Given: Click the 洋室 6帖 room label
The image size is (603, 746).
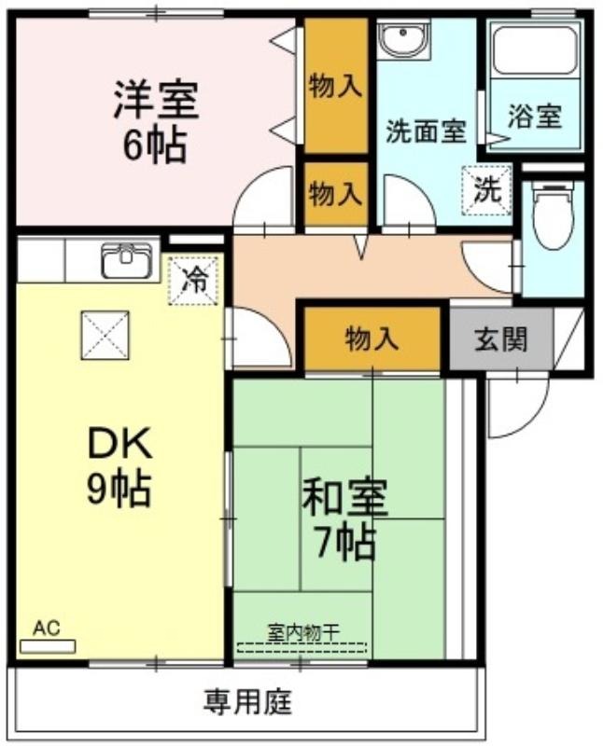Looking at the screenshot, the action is coord(156,122).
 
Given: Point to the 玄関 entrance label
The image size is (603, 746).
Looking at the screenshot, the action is coord(501,339).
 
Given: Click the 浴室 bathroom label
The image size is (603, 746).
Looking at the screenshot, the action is coord(535,116).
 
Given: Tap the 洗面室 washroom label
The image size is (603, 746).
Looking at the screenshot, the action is coord(426,131).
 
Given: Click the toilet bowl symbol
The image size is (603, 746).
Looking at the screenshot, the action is coord(553,216).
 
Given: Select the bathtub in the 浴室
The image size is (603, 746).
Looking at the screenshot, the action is coord(536,50).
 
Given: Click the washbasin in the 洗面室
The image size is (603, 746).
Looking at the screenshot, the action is coord(403,39).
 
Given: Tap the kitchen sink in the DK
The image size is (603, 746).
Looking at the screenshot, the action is coord(126,261).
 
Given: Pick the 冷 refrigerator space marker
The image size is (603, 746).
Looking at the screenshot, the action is coord(194,280).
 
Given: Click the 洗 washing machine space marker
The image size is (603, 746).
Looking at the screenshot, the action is coord(486,190).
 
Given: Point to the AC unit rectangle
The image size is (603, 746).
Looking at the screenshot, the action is coord(48,646).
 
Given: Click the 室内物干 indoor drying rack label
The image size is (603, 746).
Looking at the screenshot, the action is coord(303,632).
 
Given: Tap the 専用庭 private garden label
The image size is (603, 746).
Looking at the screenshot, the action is coord(247,702).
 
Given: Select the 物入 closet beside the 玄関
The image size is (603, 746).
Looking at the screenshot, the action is coord(372,338).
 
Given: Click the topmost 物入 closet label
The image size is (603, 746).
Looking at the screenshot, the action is coord(336,86).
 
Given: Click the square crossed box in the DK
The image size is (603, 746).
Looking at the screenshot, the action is coord(105,335).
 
